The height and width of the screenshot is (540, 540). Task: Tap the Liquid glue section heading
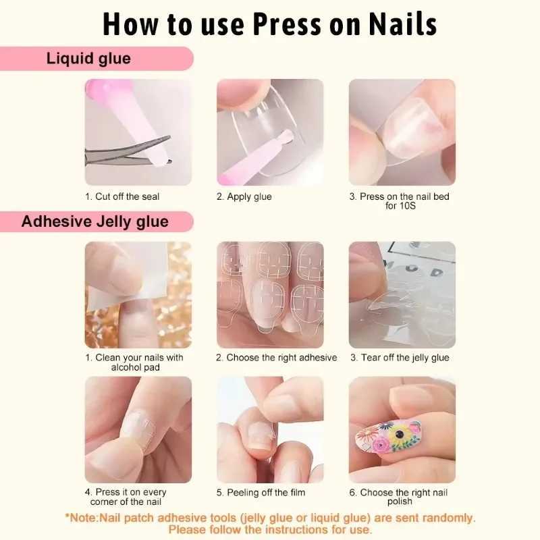(x=88, y=59)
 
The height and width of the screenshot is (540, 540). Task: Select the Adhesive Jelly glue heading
(x=95, y=221)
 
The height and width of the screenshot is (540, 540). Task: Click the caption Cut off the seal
(x=122, y=196)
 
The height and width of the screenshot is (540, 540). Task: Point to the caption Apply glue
(x=244, y=196)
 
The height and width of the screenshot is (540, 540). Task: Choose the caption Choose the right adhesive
(x=276, y=358)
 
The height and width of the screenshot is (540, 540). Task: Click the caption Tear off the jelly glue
(x=399, y=358)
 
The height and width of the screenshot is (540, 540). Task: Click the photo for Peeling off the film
(x=270, y=429)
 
